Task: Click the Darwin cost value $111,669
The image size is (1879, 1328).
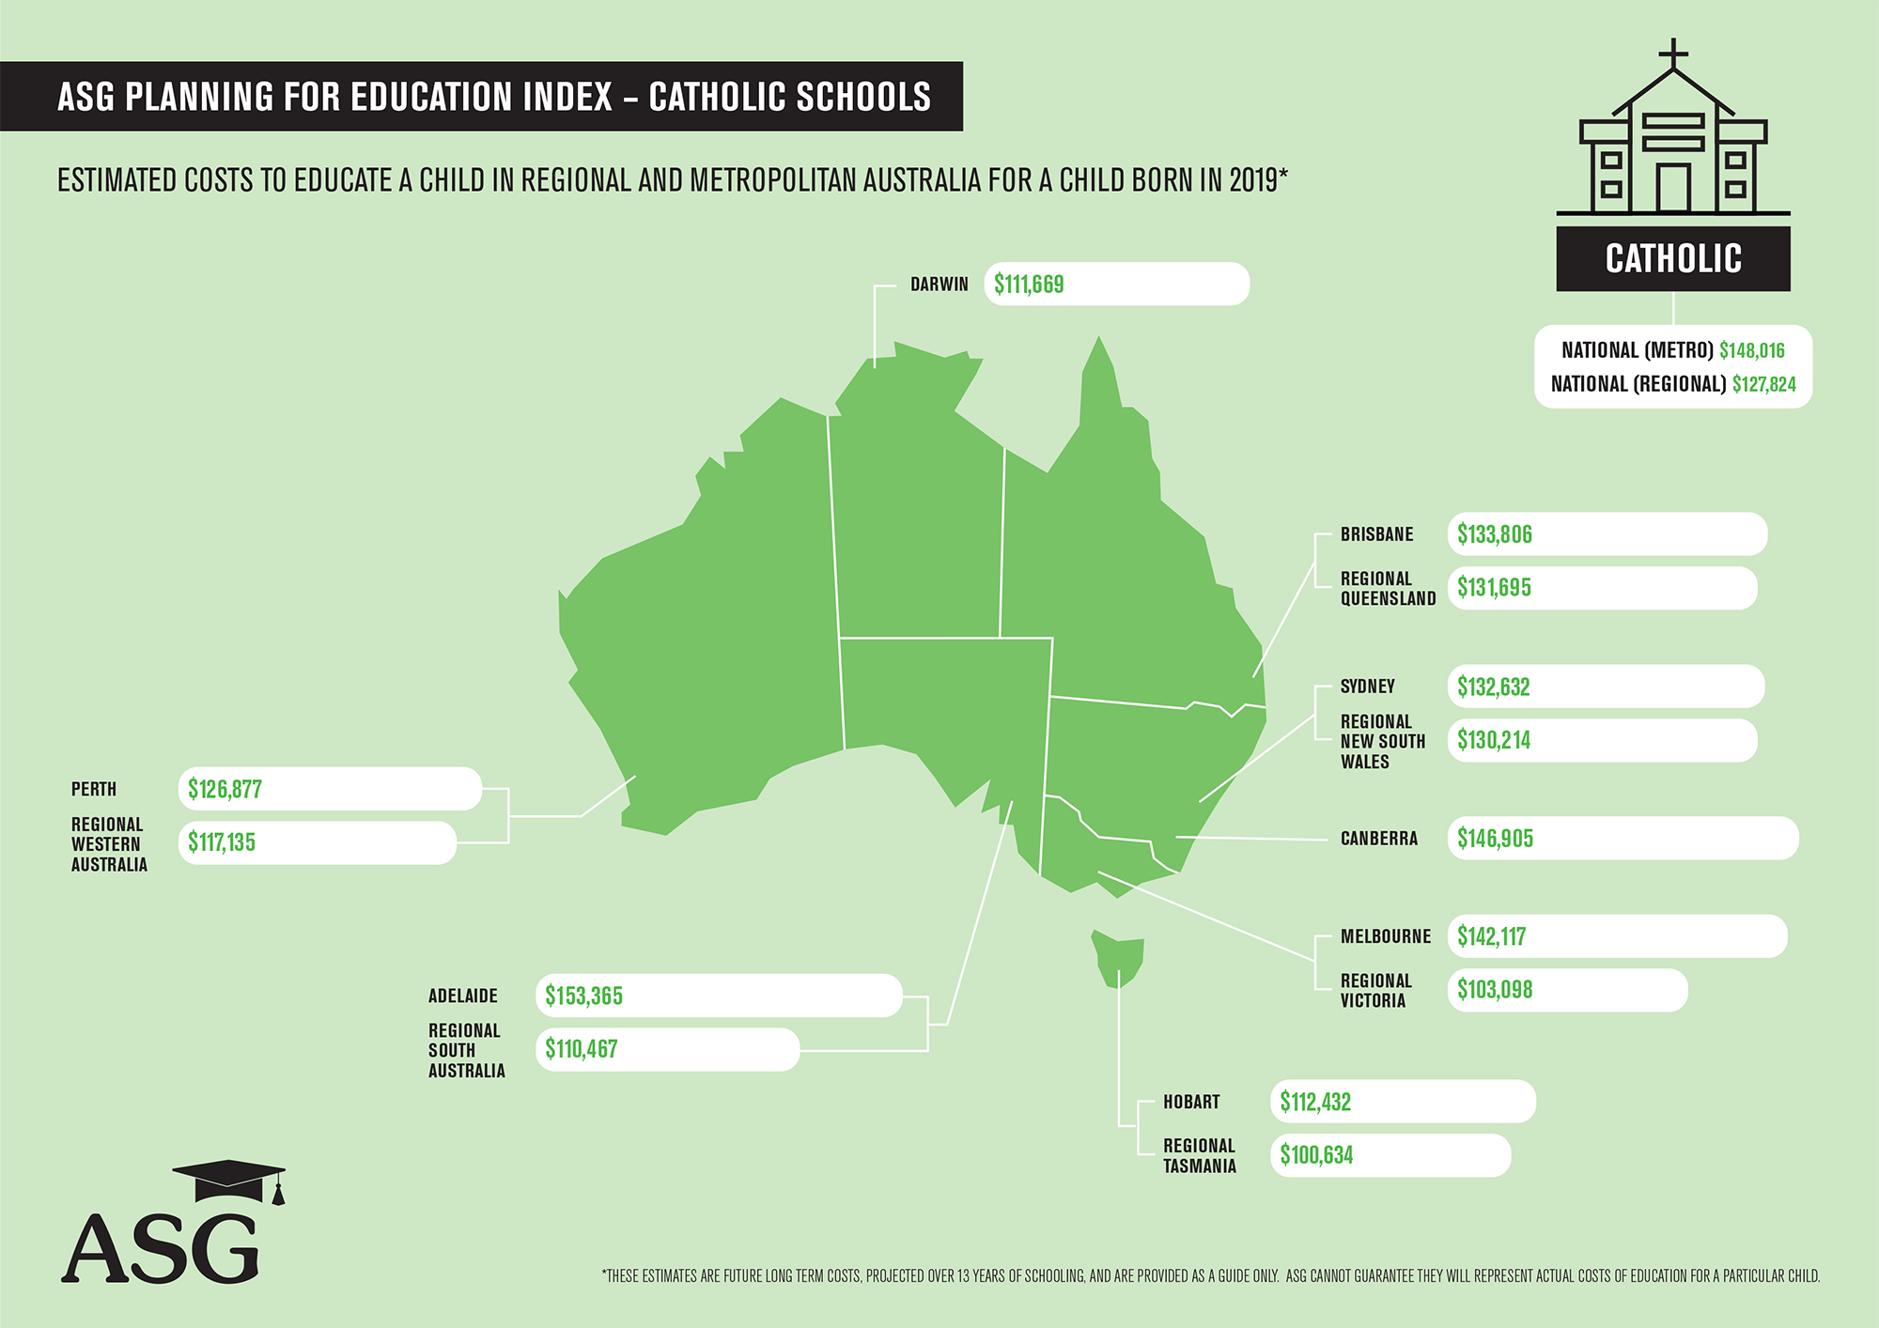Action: (1029, 285)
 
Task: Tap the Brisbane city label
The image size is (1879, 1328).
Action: (1376, 534)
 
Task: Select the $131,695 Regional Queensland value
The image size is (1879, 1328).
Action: (1494, 588)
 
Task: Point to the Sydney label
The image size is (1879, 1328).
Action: (1367, 687)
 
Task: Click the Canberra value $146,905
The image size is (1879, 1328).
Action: (1495, 839)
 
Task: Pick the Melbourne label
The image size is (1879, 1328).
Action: (1385, 936)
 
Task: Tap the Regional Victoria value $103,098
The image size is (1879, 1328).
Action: (1495, 990)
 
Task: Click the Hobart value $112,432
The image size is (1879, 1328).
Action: (1315, 1102)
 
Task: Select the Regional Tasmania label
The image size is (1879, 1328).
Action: (1199, 1156)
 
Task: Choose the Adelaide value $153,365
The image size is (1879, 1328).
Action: (583, 996)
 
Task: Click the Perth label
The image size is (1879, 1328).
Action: (94, 789)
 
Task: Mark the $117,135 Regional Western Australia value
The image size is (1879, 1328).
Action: (222, 842)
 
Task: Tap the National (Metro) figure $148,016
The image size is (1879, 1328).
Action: (1751, 350)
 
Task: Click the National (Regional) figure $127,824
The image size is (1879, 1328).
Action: (1763, 384)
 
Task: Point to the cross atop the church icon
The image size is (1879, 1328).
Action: (1673, 53)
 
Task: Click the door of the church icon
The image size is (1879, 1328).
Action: (1672, 187)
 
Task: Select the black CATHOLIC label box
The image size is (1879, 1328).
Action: (1672, 258)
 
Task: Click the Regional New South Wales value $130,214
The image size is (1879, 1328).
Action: (1494, 740)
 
